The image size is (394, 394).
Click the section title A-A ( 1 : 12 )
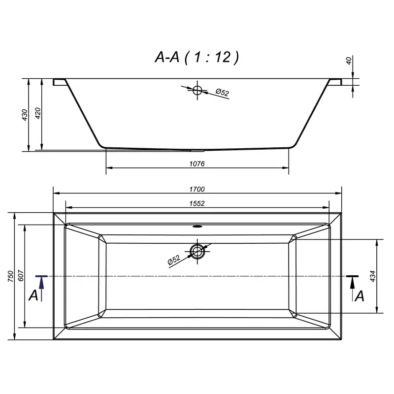[x=197, y=57]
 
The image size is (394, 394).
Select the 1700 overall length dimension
[x=197, y=189]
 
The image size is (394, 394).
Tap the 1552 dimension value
[x=197, y=203]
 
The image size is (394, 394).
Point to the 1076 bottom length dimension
[x=197, y=164]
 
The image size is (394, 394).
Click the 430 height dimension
[x=25, y=115]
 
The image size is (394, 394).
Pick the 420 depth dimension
[x=38, y=113]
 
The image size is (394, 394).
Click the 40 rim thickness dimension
[x=349, y=61]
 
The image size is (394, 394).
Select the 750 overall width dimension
[x=10, y=276]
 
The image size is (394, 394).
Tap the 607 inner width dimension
[x=21, y=276]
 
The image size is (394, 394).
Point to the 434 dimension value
[x=373, y=276]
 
